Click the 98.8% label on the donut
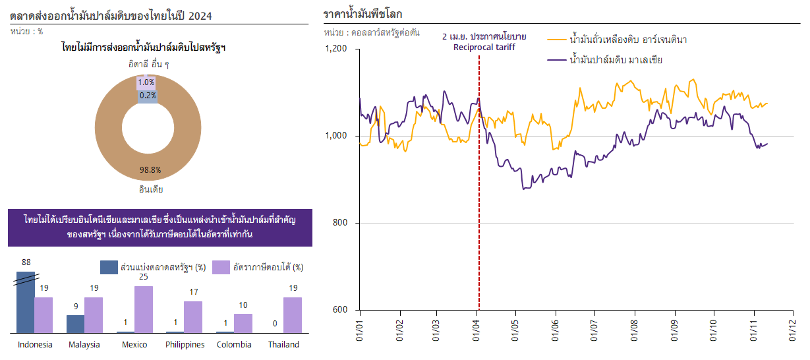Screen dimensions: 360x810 [x=150, y=170]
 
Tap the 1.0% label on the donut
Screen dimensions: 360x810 [x=146, y=82]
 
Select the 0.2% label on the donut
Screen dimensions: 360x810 [x=148, y=95]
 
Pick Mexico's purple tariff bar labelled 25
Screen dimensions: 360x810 [x=144, y=309]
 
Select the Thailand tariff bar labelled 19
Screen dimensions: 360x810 [x=293, y=315]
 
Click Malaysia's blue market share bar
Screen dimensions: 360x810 [x=76, y=324]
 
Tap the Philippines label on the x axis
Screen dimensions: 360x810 [x=185, y=345]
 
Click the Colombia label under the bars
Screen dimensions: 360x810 [x=235, y=345]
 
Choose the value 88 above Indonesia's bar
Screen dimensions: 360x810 [x=26, y=262]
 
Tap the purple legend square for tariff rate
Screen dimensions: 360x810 [x=221, y=267]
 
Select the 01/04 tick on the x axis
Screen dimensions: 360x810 [x=477, y=328]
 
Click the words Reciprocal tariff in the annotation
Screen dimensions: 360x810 [x=484, y=47]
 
